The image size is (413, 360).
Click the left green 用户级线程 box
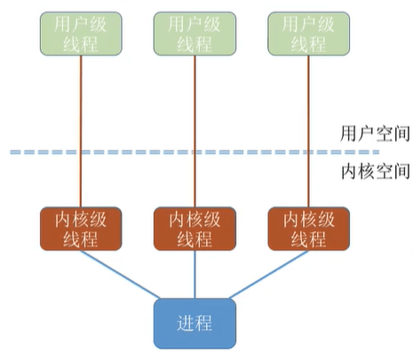(x=81, y=34)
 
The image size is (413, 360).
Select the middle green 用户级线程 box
(x=195, y=34)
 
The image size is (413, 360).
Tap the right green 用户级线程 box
(x=308, y=34)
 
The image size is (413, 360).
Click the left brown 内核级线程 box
(x=81, y=228)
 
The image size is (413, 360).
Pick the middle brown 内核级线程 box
(x=195, y=228)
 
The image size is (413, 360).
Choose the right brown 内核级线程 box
(x=308, y=228)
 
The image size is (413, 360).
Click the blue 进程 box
(x=195, y=324)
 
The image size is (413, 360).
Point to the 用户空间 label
(x=375, y=133)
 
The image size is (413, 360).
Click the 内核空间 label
(x=375, y=171)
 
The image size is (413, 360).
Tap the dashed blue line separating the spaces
(x=195, y=152)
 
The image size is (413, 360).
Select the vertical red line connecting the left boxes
(x=81, y=132)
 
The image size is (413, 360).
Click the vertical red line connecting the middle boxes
(x=195, y=132)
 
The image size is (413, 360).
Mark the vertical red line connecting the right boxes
(x=308, y=132)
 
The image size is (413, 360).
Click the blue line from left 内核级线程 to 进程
(x=120, y=275)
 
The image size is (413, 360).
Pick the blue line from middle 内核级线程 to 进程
(x=195, y=275)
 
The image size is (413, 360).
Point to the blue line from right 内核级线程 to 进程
(x=269, y=275)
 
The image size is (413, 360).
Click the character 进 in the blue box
(x=186, y=323)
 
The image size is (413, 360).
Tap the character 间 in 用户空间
(x=402, y=133)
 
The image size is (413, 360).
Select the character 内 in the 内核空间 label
(x=349, y=171)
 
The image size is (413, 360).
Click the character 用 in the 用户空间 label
(x=348, y=133)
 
